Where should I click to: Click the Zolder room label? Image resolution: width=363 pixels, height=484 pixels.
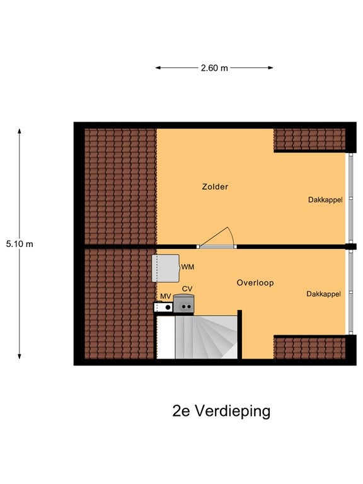(x=215, y=187)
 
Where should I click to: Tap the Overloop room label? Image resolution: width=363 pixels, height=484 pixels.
(x=255, y=283)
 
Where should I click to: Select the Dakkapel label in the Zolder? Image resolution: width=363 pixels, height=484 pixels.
(x=325, y=200)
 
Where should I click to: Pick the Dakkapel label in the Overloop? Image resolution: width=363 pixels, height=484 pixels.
(x=323, y=294)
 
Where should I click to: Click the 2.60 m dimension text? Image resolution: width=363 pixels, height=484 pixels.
(x=214, y=68)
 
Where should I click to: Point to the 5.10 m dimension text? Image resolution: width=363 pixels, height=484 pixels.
(x=20, y=244)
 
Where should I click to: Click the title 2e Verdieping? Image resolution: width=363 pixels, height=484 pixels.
(x=221, y=411)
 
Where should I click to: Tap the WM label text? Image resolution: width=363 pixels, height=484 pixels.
(x=187, y=267)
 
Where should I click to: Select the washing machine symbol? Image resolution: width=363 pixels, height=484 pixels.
(x=166, y=268)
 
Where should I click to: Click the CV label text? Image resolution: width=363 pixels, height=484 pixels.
(x=187, y=289)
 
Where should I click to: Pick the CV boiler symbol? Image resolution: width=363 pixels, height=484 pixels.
(x=183, y=304)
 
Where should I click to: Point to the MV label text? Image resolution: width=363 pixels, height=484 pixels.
(x=166, y=296)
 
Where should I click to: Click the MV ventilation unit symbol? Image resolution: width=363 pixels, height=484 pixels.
(x=164, y=307)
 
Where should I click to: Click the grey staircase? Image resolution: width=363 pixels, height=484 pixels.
(x=206, y=337)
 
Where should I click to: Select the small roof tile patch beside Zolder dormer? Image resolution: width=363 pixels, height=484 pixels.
(x=309, y=139)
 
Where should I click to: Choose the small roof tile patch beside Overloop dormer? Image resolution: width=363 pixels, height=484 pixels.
(x=309, y=348)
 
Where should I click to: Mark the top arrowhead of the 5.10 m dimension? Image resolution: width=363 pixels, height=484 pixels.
(x=20, y=132)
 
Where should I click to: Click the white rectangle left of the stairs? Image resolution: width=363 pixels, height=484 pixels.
(x=166, y=337)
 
